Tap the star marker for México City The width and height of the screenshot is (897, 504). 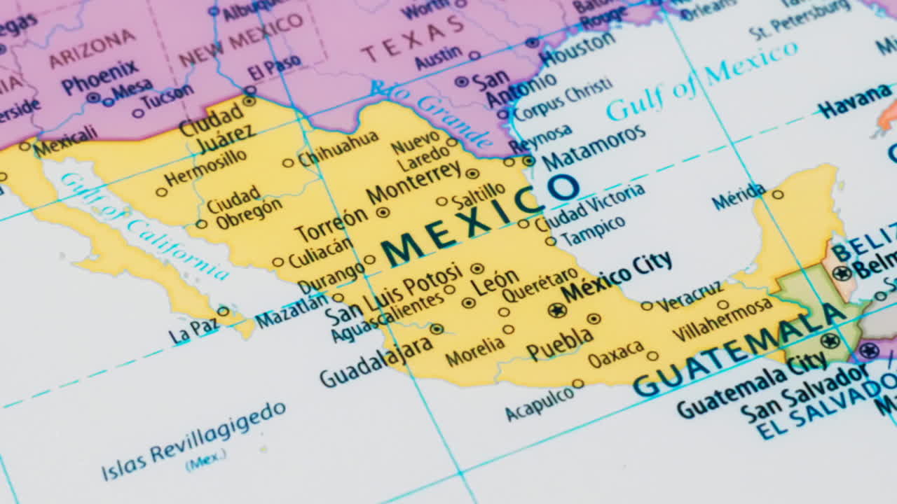[x=557, y=309]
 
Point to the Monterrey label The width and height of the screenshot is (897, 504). [x=413, y=183]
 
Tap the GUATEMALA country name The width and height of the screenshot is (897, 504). [x=739, y=350]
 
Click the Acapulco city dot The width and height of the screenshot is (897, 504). [x=577, y=384]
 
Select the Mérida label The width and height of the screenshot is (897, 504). [x=739, y=197]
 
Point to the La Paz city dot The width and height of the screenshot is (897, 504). [x=223, y=311]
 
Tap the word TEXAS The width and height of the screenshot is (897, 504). [x=413, y=38]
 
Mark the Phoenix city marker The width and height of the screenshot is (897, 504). [x=93, y=98]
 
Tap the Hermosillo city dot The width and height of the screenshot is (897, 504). [x=162, y=192]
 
